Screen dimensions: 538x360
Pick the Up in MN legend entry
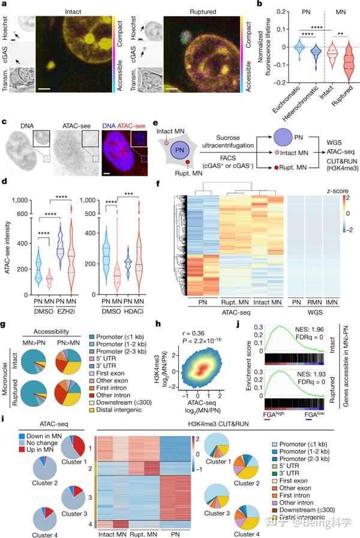34,475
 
